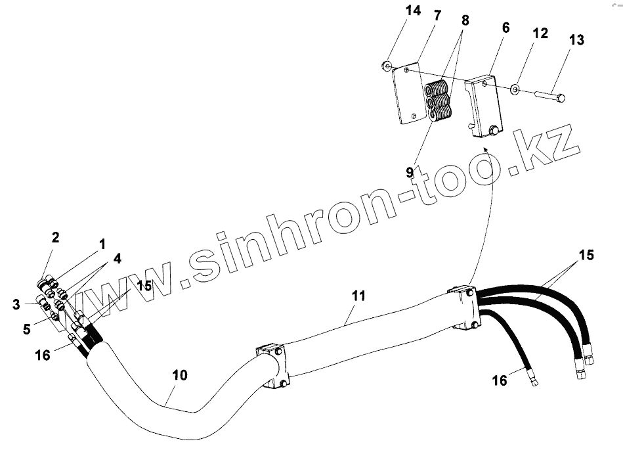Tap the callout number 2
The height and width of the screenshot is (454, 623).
56,237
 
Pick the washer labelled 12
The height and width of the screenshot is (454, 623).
515,88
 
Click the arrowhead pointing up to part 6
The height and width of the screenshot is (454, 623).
486,150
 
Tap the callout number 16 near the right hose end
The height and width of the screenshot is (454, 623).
500,380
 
